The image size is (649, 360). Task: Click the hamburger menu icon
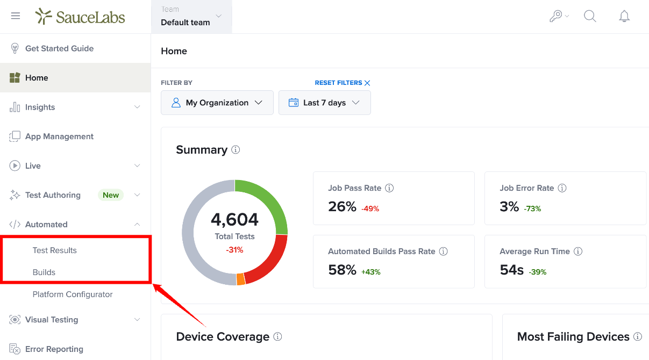(16, 16)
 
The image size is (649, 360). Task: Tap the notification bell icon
(624, 16)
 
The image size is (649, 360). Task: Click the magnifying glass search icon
(590, 16)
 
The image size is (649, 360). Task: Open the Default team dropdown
(191, 17)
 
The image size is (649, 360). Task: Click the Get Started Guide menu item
(59, 48)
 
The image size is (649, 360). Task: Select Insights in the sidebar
(40, 107)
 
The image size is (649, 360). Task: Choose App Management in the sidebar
(59, 136)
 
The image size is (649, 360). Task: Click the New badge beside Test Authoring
(111, 195)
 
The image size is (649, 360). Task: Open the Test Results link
(54, 250)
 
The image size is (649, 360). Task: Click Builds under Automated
(44, 272)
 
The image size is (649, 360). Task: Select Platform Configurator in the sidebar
(73, 294)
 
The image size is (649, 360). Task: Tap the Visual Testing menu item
(52, 320)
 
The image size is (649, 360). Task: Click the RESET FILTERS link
(343, 83)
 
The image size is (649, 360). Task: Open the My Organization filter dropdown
(217, 103)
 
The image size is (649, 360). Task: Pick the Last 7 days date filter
(325, 103)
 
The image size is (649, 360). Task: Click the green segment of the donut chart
(268, 200)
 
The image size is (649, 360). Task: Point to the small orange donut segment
(241, 279)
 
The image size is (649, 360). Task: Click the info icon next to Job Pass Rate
(389, 188)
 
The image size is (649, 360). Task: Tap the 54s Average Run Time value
(512, 270)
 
